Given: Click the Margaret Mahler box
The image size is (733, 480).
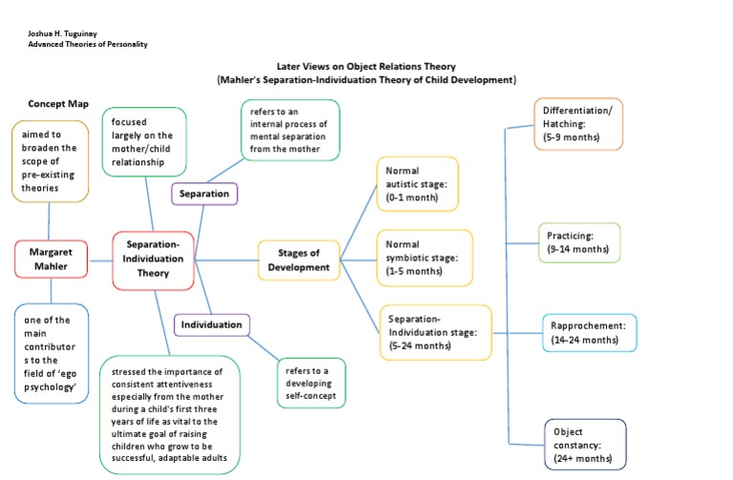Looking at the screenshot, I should pyautogui.click(x=52, y=260).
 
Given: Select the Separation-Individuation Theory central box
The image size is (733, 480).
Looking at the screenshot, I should pyautogui.click(x=153, y=260).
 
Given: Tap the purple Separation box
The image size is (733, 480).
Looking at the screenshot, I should pyautogui.click(x=204, y=194).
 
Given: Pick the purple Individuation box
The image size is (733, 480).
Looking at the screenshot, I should pyautogui.click(x=213, y=325).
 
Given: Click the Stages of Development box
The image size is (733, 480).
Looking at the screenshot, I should pyautogui.click(x=299, y=260).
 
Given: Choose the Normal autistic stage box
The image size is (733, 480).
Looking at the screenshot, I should pyautogui.click(x=417, y=184).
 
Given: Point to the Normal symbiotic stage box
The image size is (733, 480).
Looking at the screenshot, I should pyautogui.click(x=423, y=258).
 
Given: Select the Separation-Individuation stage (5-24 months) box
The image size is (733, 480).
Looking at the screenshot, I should pyautogui.click(x=434, y=332).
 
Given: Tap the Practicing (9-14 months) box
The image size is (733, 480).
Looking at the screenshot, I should pyautogui.click(x=578, y=242).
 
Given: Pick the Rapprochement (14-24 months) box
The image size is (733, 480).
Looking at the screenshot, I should pyautogui.click(x=589, y=332).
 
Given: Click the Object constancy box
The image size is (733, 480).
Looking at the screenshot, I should pyautogui.click(x=585, y=445).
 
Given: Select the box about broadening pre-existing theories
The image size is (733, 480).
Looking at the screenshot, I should pyautogui.click(x=52, y=160).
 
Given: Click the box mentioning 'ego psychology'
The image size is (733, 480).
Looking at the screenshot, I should pyautogui.click(x=52, y=352).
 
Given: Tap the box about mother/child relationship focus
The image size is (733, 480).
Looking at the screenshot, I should pyautogui.click(x=144, y=141).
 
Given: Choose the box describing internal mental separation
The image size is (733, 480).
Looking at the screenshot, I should pyautogui.click(x=288, y=131).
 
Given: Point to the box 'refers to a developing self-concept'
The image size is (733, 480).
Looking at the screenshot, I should pyautogui.click(x=311, y=382).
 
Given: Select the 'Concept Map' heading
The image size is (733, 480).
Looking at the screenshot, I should pyautogui.click(x=58, y=104).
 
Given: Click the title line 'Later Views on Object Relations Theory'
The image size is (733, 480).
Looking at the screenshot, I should pyautogui.click(x=366, y=67).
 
